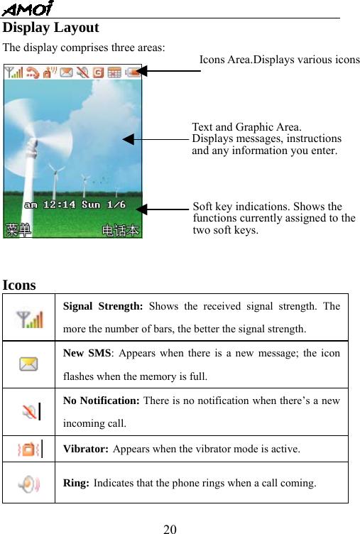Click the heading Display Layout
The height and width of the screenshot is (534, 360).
click(x=51, y=28)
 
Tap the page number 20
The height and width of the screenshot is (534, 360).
click(x=170, y=528)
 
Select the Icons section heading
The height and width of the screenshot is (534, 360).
click(x=19, y=285)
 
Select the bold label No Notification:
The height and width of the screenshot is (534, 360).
click(x=102, y=400)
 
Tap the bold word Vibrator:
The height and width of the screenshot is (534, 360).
click(x=86, y=449)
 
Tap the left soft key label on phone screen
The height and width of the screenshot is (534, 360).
click(x=19, y=229)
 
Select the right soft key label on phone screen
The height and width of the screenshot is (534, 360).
click(x=121, y=230)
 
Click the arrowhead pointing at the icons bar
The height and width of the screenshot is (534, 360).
click(x=142, y=70)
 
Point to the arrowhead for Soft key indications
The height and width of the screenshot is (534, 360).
click(x=141, y=209)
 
